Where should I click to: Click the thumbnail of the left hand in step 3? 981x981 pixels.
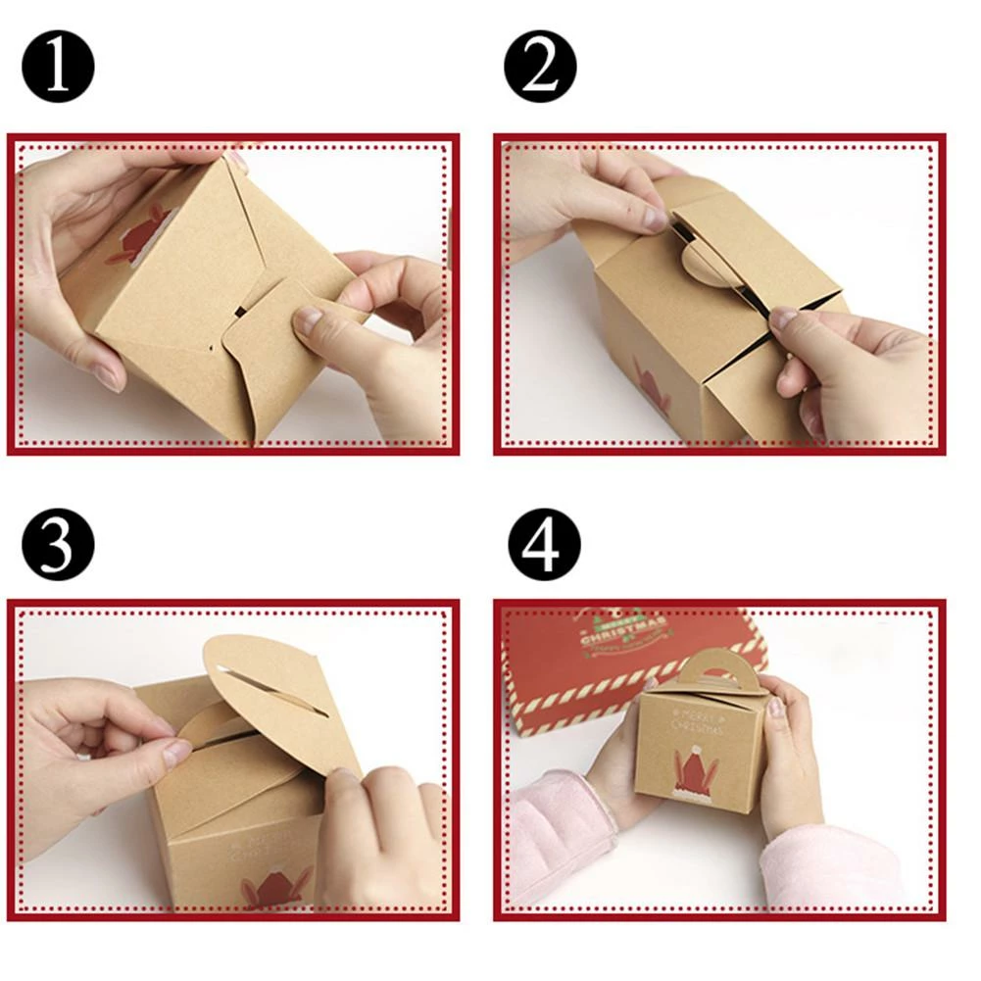[176, 752]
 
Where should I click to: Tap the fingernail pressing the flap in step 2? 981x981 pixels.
[783, 319]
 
